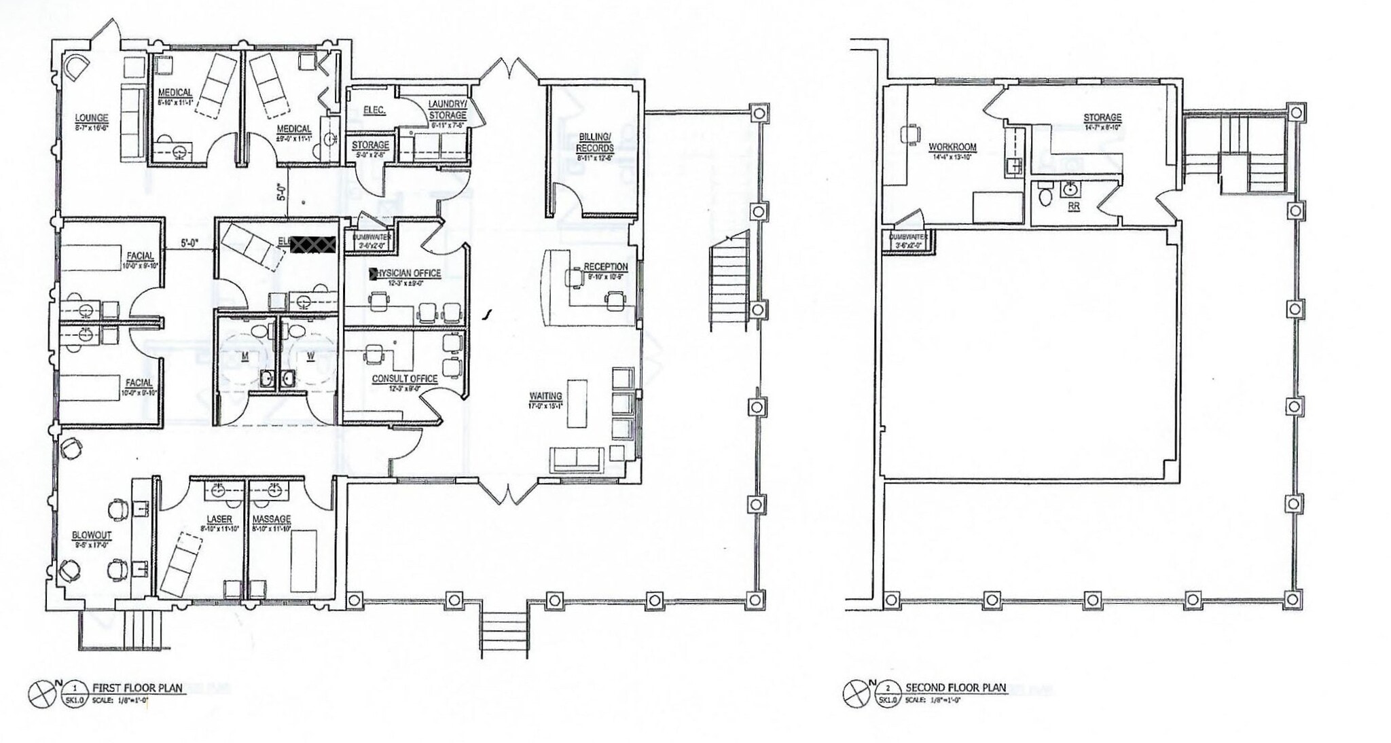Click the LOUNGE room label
(91, 118)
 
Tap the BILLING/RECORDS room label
(596, 142)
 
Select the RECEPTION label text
(605, 267)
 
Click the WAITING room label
(545, 396)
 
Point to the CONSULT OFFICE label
(404, 379)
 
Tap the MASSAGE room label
(272, 519)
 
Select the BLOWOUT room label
(92, 535)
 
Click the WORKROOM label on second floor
(952, 147)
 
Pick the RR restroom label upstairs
(1074, 206)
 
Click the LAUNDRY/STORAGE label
(447, 109)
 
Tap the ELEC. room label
(374, 110)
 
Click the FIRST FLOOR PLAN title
(137, 687)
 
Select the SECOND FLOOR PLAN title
(955, 687)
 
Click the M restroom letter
(245, 356)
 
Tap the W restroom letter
(310, 356)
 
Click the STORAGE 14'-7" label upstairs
(1102, 118)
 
